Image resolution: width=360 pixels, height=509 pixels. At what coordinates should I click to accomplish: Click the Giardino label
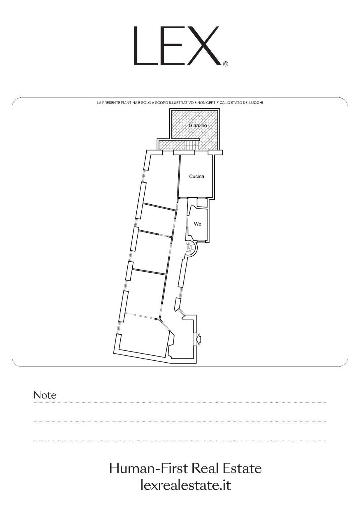198,125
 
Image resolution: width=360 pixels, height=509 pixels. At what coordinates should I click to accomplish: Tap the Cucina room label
196,176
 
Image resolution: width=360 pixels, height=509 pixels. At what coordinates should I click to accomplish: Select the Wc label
197,224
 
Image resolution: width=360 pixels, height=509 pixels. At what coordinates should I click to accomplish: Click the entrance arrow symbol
199,340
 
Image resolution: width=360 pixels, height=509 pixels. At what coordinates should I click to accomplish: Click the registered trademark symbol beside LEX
225,64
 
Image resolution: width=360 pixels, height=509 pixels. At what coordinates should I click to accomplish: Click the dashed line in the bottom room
142,316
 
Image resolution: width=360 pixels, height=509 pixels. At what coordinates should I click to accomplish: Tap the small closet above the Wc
202,203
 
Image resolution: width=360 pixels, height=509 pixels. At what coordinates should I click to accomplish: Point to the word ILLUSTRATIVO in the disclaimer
184,103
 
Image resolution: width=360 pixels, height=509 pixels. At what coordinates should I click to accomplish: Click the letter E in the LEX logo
170,46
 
